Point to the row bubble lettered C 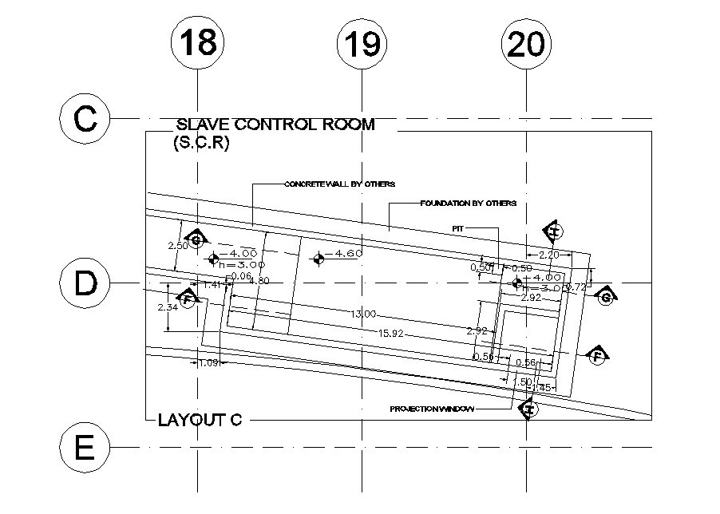coord(84,120)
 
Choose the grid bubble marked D coord(84,283)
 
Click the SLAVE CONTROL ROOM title coord(275,125)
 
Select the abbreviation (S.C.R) coord(201,144)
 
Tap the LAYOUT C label coord(200,420)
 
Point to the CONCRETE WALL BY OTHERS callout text coord(339,184)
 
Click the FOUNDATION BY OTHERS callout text coord(468,204)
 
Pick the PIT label coord(458,228)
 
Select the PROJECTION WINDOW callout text coord(432,409)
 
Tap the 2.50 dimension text coord(177,246)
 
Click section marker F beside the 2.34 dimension coord(187,299)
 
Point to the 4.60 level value coord(349,254)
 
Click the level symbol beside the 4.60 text coord(318,258)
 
